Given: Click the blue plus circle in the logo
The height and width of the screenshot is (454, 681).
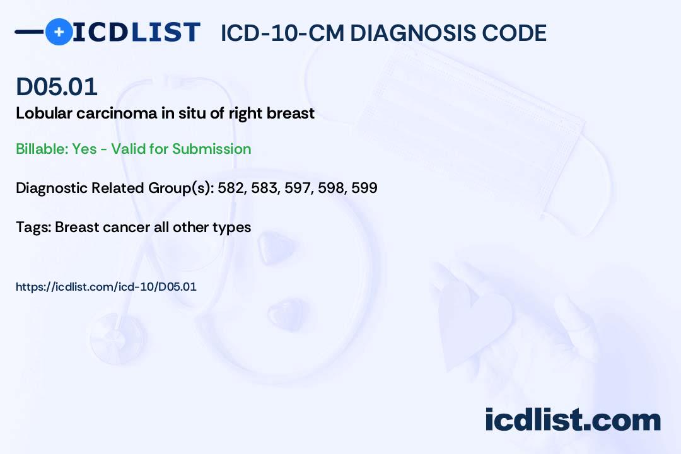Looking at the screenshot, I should tap(59, 32).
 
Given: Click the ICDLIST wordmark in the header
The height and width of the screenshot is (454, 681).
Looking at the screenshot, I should tap(137, 32).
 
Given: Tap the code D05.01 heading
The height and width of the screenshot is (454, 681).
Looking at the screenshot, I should tap(57, 86).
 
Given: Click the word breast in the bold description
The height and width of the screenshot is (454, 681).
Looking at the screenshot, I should tap(292, 113).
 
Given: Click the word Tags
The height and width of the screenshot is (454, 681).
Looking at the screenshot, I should tap(32, 227).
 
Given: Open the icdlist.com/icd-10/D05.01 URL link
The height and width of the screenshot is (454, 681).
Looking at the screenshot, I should tap(106, 286).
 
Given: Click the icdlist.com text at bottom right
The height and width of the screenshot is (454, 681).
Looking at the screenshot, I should tap(573, 420).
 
